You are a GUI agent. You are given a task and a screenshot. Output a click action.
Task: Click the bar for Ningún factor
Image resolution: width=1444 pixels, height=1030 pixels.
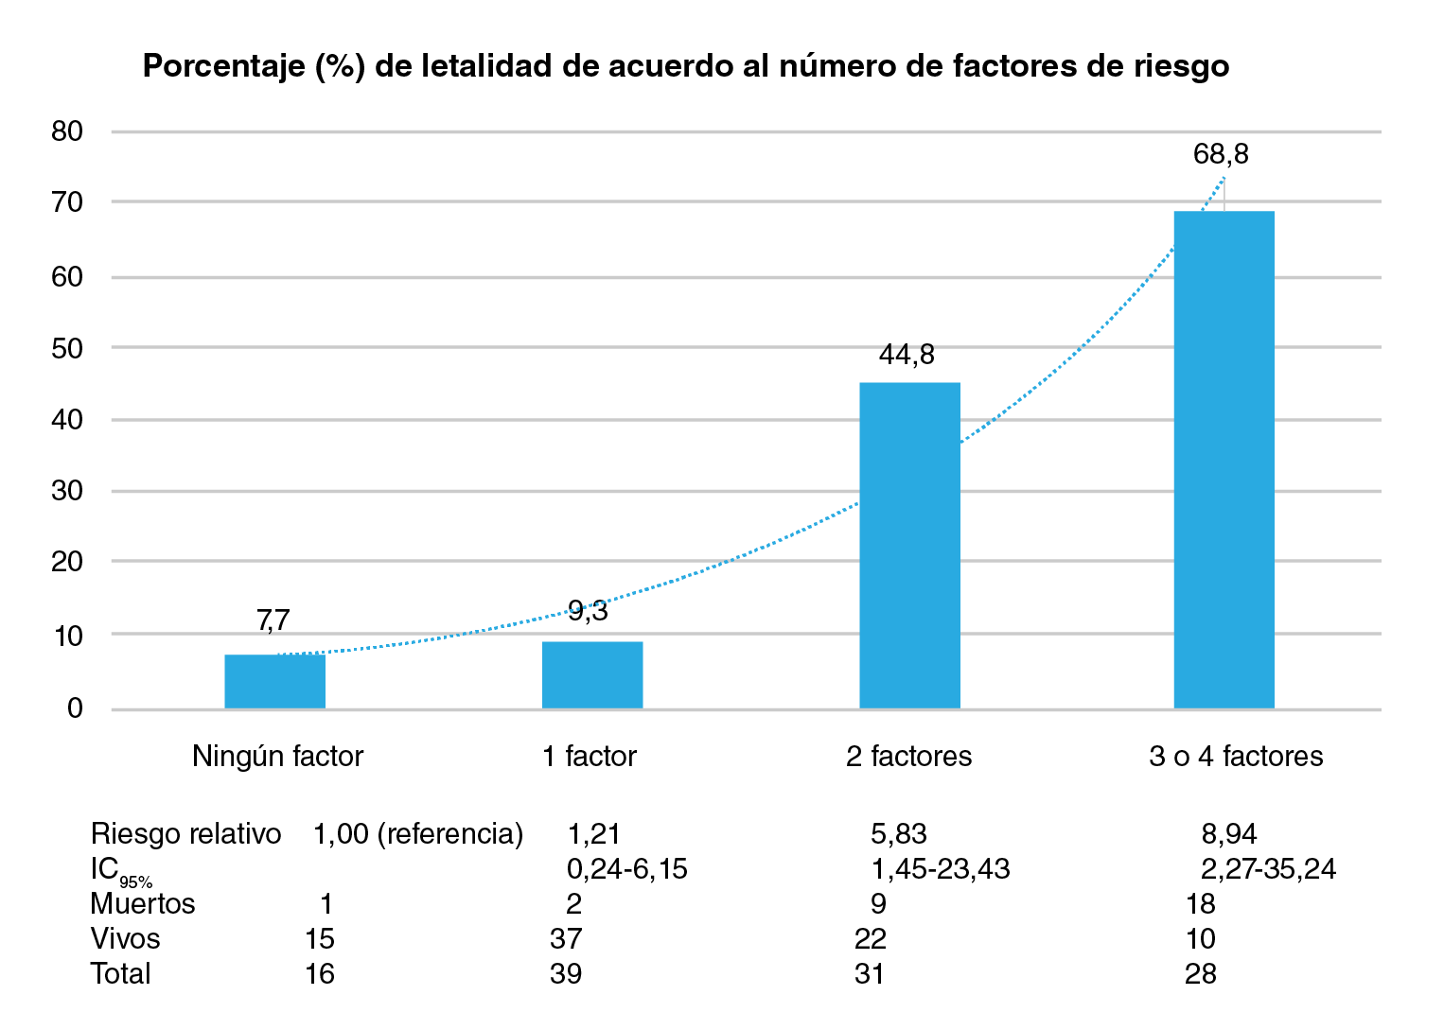[274, 681]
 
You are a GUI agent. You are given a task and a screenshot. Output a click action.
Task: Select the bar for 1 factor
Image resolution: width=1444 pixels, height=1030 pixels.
[592, 675]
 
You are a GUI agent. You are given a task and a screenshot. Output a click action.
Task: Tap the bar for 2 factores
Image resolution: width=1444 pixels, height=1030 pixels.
[909, 546]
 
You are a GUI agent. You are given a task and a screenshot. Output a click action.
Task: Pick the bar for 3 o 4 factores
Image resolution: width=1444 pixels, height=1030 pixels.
[1224, 460]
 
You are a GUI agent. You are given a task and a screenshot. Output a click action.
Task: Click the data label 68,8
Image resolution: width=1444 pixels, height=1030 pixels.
[1221, 154]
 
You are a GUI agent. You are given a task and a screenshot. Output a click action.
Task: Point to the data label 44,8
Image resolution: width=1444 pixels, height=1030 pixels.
[907, 355]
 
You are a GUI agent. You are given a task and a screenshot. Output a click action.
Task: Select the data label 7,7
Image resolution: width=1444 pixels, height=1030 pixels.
[273, 620]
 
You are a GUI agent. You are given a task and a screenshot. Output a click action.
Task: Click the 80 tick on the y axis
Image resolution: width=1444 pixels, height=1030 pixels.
[67, 131]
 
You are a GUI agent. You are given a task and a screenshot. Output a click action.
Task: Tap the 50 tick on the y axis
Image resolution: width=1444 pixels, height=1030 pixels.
[67, 348]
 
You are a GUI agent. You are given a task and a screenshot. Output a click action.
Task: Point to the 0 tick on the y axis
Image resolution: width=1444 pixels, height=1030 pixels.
[75, 708]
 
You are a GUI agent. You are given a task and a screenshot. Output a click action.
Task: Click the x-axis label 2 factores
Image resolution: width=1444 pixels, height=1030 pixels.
[908, 757]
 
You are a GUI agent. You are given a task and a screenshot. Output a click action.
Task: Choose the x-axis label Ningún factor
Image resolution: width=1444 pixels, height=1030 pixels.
[277, 757]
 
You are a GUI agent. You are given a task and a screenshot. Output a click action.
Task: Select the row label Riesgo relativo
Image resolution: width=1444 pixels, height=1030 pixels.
[185, 833]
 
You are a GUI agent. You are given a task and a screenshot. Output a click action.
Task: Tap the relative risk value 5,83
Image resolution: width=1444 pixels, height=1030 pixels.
[898, 833]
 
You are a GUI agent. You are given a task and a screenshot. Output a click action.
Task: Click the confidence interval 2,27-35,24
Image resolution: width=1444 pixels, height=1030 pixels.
[1268, 868]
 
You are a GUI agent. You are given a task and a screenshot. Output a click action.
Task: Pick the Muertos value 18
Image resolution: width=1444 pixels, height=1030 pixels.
[1200, 904]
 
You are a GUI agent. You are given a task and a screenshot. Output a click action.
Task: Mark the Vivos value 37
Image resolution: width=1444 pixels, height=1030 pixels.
[566, 939]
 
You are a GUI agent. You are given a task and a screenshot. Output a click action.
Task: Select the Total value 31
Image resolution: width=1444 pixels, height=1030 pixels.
[869, 974]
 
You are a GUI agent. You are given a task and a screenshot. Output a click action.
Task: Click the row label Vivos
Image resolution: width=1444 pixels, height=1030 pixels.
[125, 939]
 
